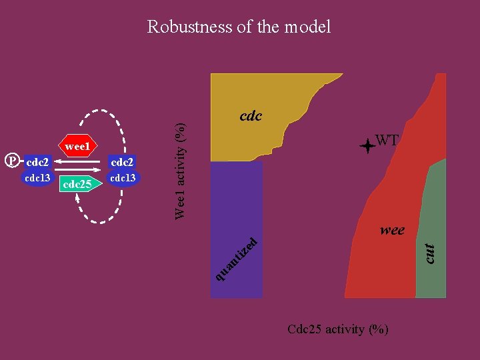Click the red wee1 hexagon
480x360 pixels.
(x=79, y=144)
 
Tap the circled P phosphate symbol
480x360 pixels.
(x=11, y=161)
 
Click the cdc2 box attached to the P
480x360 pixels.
(x=38, y=162)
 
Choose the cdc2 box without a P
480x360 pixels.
(x=123, y=162)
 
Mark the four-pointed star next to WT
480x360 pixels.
(x=367, y=146)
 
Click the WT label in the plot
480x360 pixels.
(x=387, y=140)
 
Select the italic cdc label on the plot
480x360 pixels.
(x=251, y=116)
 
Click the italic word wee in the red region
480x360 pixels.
(x=392, y=230)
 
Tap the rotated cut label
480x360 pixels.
(x=431, y=251)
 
